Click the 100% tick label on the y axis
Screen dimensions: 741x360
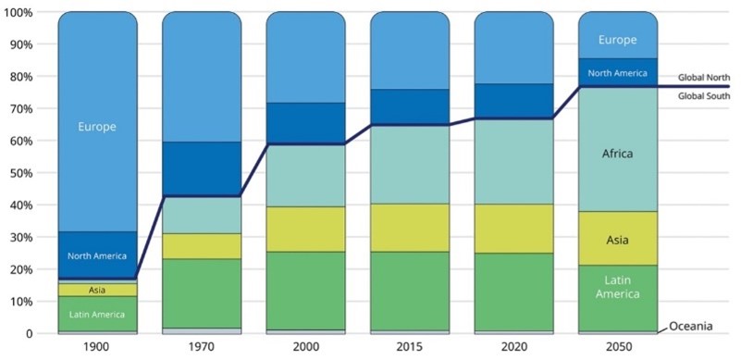pos(17,12)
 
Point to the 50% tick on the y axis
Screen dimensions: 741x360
pos(19,173)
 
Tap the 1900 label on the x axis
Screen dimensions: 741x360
pos(97,347)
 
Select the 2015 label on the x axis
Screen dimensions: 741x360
pos(409,347)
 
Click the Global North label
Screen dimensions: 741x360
pos(704,77)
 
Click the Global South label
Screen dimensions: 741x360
pos(704,96)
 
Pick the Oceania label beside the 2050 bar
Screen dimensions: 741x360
pos(690,326)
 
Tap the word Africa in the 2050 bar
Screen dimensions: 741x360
pos(617,154)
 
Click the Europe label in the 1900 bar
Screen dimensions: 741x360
pos(97,127)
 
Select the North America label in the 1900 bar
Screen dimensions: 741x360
pos(97,256)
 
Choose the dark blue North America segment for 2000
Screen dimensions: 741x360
pos(306,124)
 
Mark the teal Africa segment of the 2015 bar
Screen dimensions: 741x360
pos(409,165)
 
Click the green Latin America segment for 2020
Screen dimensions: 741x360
pos(513,292)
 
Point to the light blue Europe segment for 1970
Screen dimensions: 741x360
pos(202,77)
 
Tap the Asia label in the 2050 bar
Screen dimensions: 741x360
pos(617,240)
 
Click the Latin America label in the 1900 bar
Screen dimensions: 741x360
pos(97,315)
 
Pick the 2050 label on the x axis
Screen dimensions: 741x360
pos(617,347)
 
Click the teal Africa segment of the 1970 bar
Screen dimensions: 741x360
pos(202,216)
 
